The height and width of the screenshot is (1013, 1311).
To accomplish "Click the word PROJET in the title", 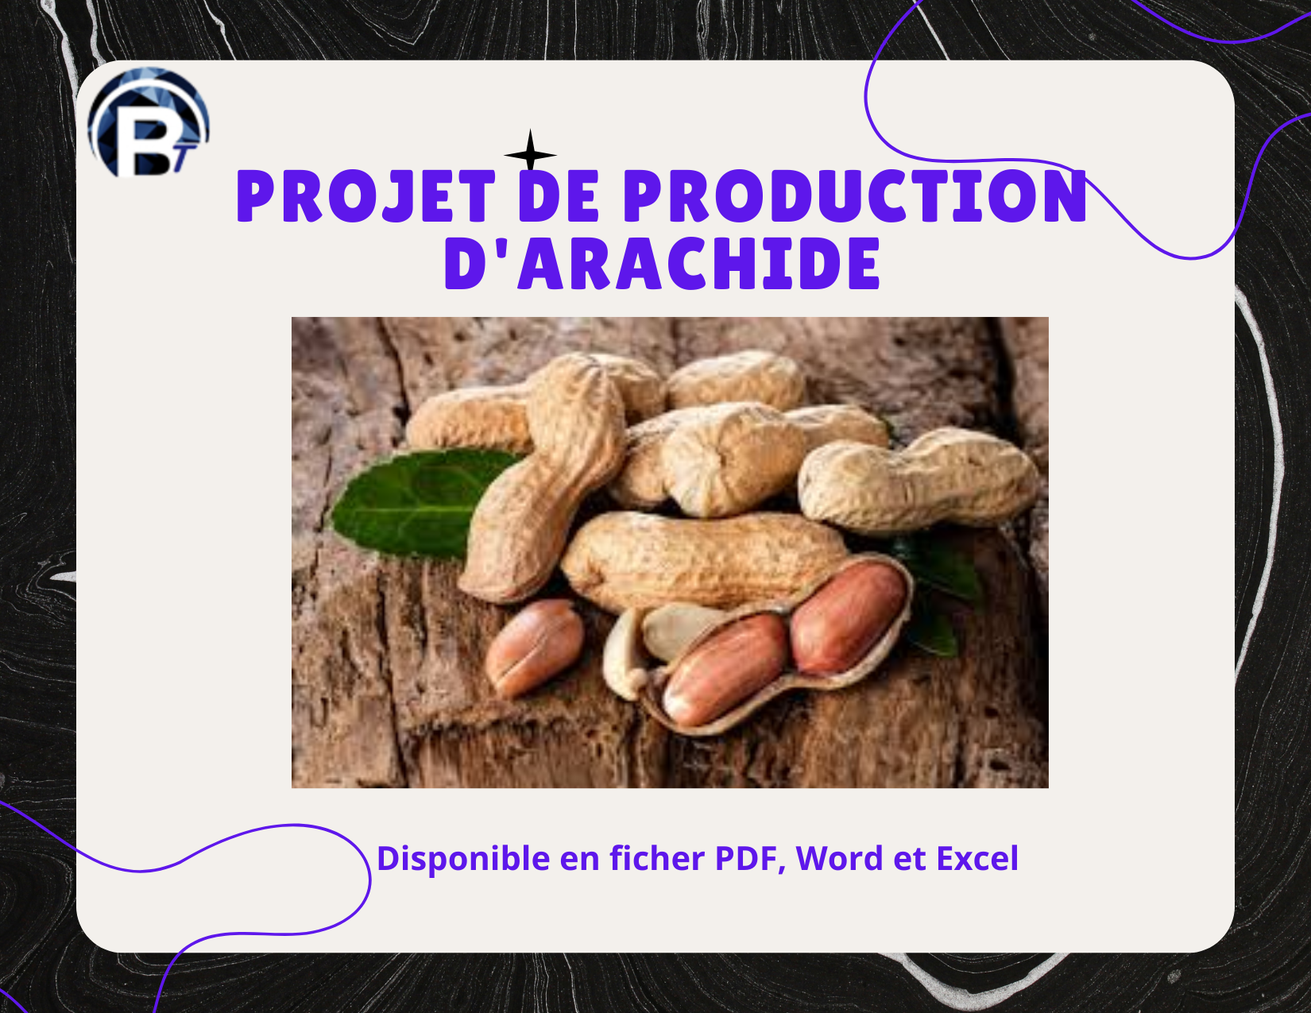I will (365, 196).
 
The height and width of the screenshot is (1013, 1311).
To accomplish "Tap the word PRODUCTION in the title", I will (855, 196).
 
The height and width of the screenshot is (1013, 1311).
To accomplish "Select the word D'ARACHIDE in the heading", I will (662, 264).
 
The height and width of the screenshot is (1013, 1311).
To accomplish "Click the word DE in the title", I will (559, 196).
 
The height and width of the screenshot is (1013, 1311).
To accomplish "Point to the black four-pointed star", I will (530, 153).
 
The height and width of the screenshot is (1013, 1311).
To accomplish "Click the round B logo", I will (148, 124).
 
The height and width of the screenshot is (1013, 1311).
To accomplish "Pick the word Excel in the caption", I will (976, 859).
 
